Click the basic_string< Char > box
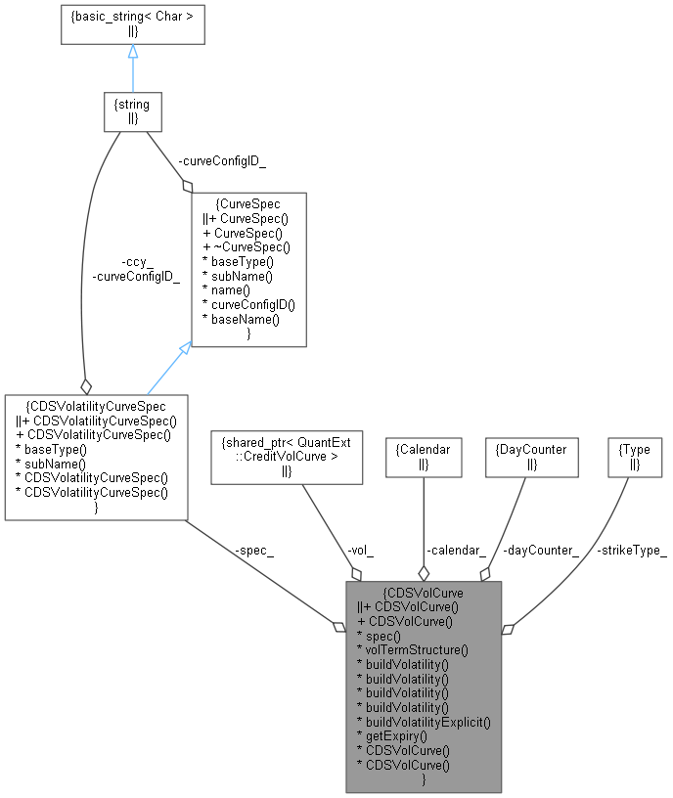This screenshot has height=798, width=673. point(132,23)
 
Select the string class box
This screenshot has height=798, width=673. point(132,112)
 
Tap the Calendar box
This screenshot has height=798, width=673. point(423,457)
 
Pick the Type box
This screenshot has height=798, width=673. point(634,457)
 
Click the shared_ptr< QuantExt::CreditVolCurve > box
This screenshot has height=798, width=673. point(287,457)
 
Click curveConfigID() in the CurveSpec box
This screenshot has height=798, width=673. point(248,304)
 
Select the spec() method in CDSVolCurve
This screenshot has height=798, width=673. point(381,635)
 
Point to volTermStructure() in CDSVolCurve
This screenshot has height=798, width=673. point(414,648)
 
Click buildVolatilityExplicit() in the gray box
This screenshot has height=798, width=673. point(424,722)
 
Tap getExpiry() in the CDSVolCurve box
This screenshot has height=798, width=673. point(392,735)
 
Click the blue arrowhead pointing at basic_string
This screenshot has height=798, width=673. point(133,51)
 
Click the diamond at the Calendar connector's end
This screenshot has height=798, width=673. point(424,574)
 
